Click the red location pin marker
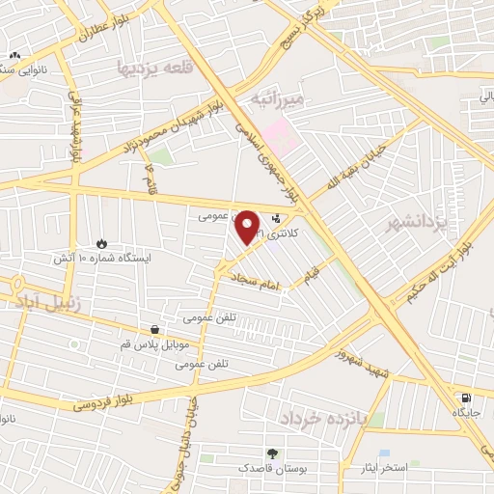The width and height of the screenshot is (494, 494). coord(248,228)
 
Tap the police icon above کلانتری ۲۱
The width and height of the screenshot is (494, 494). coord(278,218)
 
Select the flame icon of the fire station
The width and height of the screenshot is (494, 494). coord(102,243)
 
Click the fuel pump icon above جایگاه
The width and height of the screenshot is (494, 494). coord(467,398)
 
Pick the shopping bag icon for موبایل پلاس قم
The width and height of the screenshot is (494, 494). coord(154,330)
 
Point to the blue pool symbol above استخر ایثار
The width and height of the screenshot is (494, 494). coord(385,453)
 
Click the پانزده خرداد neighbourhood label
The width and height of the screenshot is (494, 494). coord(315,419)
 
